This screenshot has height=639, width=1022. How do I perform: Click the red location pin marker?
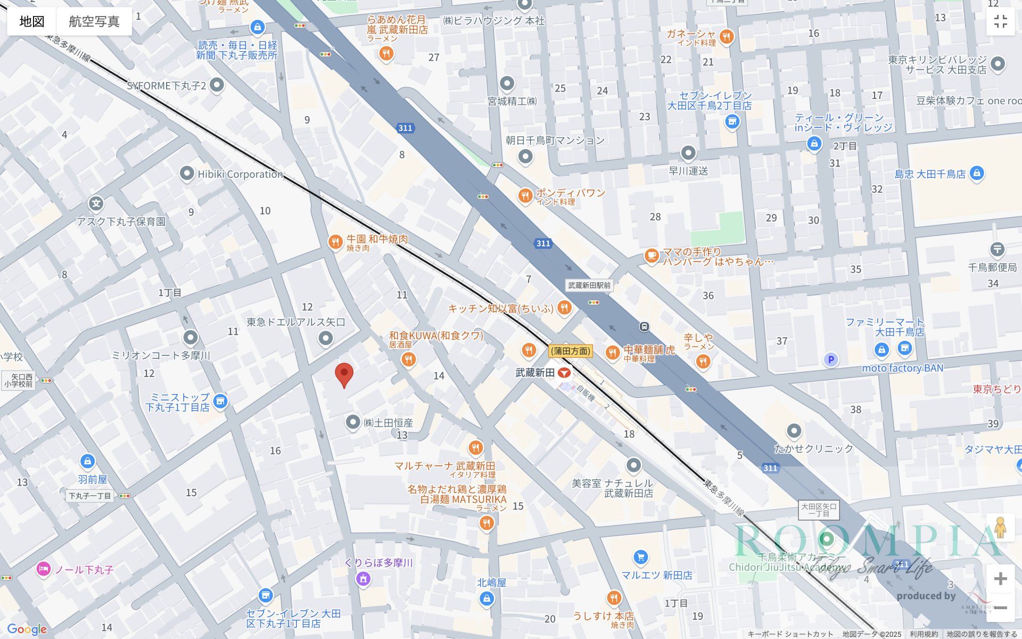344,374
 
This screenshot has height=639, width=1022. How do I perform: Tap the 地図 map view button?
32,21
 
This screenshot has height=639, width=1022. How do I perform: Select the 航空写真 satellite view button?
94,21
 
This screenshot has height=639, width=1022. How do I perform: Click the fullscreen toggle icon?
1000,21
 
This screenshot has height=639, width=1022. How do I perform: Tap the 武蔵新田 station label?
535,373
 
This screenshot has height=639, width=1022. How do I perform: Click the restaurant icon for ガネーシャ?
726,37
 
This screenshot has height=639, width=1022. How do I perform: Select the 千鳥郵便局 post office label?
992,267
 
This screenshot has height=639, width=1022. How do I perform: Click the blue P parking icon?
830,360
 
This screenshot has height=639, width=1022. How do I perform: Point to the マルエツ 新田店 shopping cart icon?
641,558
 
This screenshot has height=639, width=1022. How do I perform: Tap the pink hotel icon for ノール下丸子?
44,569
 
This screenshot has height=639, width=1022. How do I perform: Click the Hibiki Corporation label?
240,174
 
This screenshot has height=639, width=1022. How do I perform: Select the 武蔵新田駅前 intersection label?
589,285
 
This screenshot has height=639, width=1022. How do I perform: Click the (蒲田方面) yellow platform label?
571,351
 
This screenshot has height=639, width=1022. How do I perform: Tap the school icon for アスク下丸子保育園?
96,203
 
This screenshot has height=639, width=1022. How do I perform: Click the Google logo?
27,629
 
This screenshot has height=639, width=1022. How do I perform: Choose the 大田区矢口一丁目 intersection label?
819,510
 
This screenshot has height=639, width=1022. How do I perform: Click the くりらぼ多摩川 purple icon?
363,578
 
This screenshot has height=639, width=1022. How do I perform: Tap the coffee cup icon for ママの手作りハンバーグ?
651,256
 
